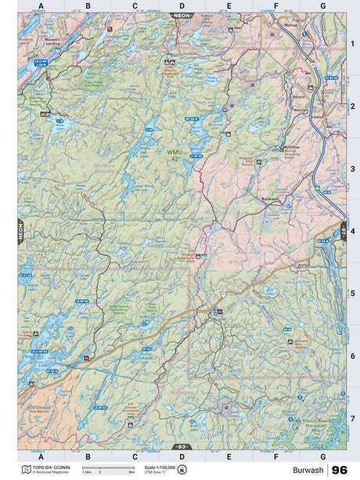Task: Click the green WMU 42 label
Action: [173, 153]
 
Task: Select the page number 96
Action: [340, 470]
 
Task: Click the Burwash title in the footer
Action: [309, 470]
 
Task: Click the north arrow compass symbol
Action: [182, 470]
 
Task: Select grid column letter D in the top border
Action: [181, 5]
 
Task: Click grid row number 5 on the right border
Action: [352, 294]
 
